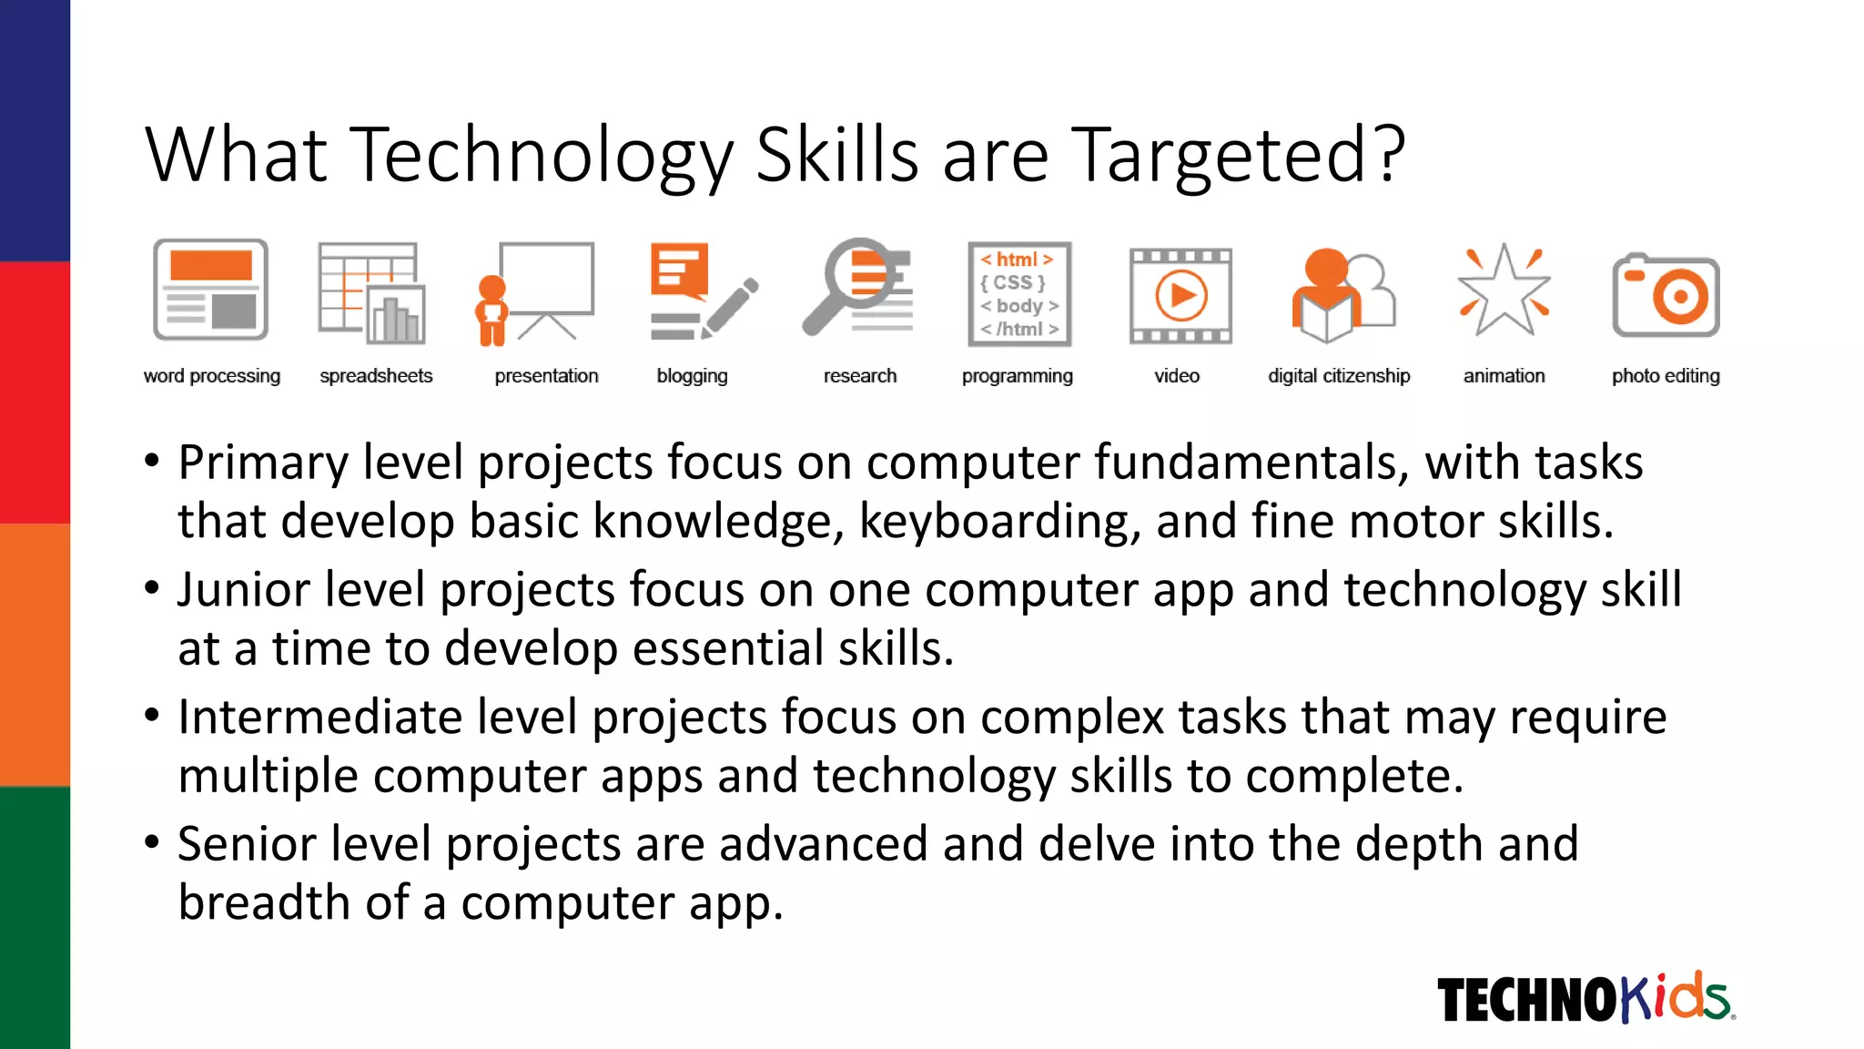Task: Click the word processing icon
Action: click(x=210, y=290)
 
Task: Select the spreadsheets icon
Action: click(x=371, y=292)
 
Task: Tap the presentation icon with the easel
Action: click(x=535, y=292)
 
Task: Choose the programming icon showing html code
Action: click(x=1019, y=294)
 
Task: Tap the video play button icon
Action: click(x=1180, y=296)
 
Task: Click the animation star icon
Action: click(x=1504, y=290)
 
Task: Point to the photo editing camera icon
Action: click(x=1666, y=295)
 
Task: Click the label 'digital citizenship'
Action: click(x=1339, y=376)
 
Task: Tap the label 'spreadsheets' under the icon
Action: click(x=376, y=376)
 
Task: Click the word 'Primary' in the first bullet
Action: click(x=263, y=463)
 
